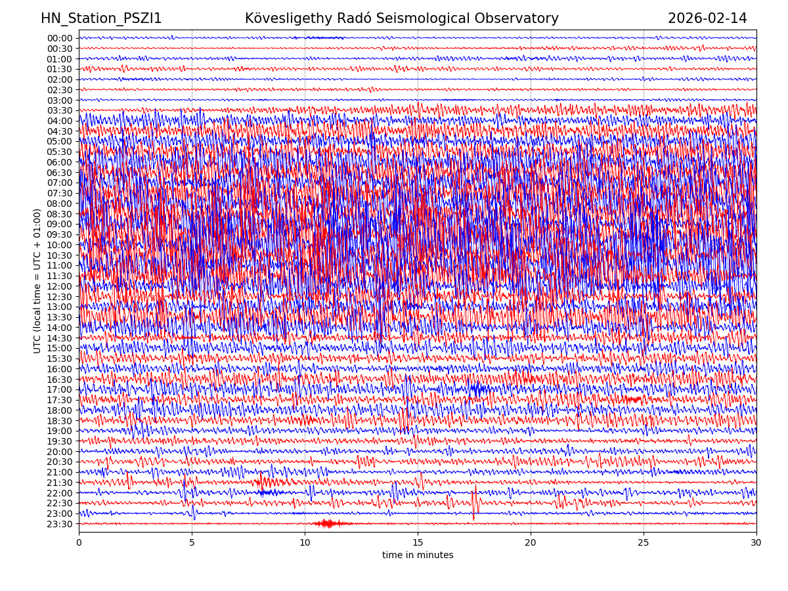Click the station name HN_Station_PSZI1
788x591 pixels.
tap(101, 18)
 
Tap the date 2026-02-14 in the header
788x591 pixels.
tap(707, 18)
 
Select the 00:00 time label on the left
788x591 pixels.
tap(59, 38)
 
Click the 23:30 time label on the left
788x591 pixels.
tap(59, 524)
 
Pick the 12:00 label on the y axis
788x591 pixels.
tap(59, 286)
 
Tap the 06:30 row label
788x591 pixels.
tap(59, 173)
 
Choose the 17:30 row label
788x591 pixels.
tap(59, 400)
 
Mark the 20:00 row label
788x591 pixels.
tap(59, 452)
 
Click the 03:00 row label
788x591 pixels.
tap(59, 100)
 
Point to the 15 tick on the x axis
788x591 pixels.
tap(418, 543)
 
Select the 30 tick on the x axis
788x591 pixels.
tap(756, 543)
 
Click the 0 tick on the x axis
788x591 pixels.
tap(79, 543)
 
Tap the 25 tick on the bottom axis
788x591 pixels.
tap(644, 543)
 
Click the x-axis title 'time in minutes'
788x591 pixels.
tap(418, 556)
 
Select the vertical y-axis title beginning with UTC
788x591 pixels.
tap(37, 280)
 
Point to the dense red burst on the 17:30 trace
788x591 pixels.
tap(633, 399)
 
